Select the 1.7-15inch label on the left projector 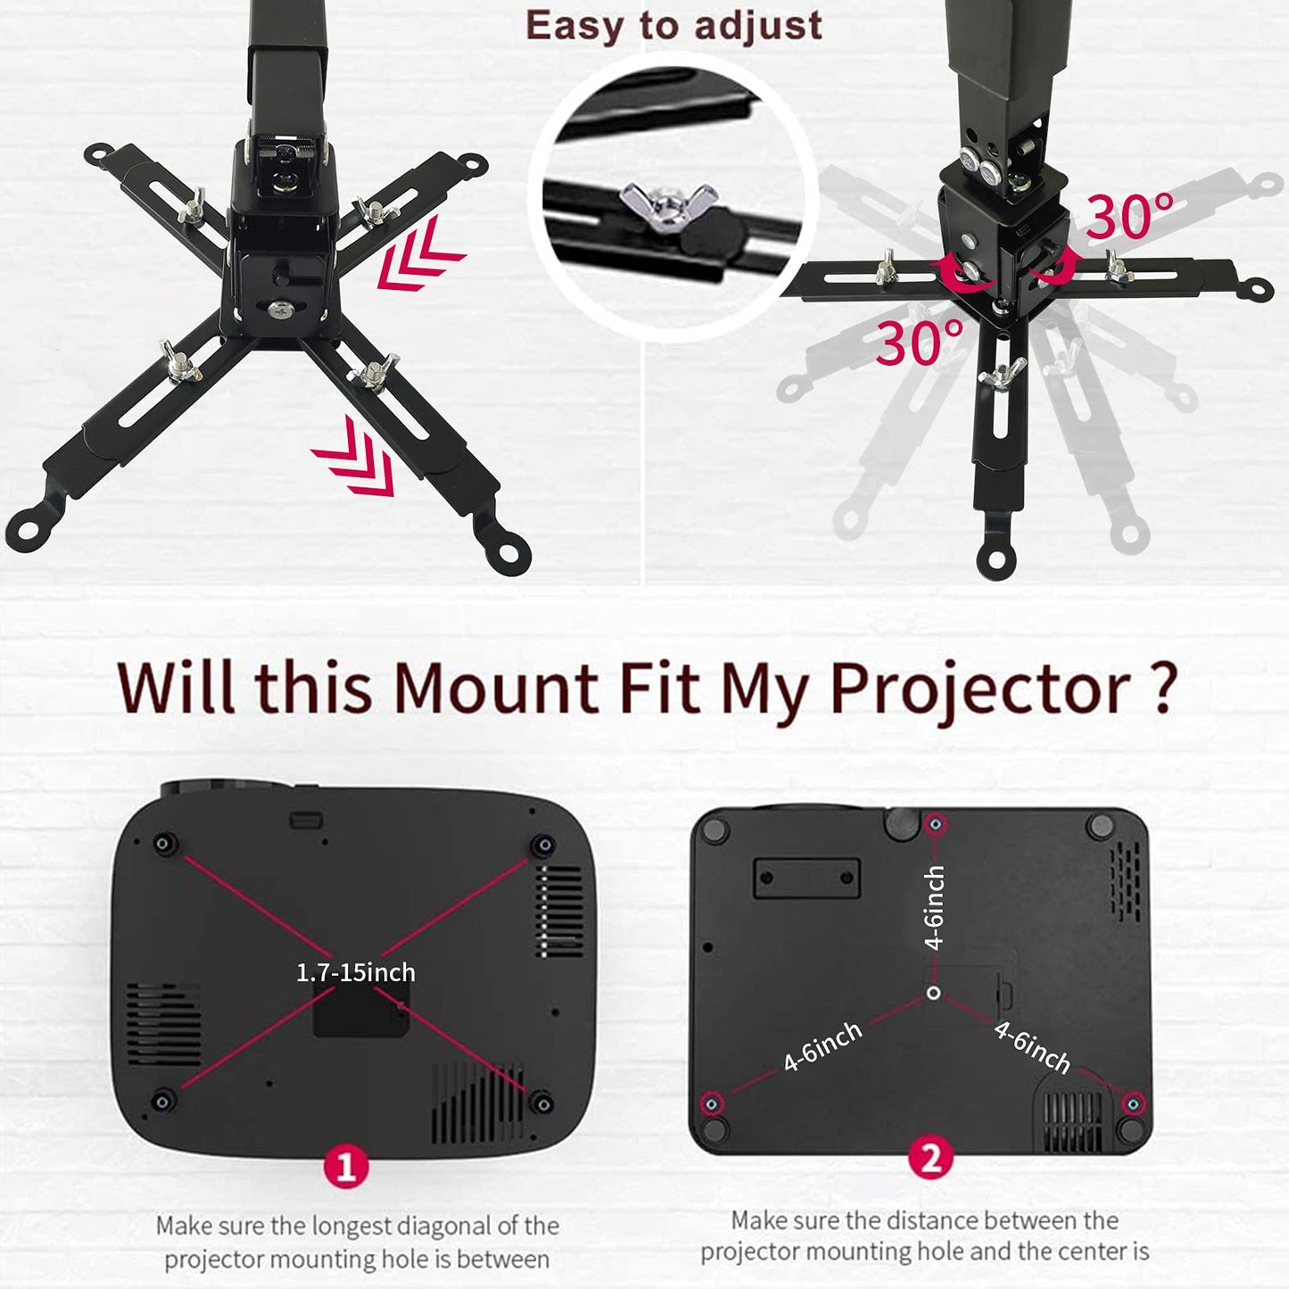[355, 971]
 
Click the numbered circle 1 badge [346, 1166]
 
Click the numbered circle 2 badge [930, 1159]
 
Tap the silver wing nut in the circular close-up [669, 203]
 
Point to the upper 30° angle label [1129, 217]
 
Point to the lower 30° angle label [919, 343]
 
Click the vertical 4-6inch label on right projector [934, 907]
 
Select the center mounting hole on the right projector [933, 992]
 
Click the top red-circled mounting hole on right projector [935, 824]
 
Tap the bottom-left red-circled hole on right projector [711, 1104]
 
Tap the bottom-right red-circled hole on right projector [1132, 1104]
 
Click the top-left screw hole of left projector [164, 844]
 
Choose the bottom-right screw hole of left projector [541, 1103]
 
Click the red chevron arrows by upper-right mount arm [419, 254]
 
